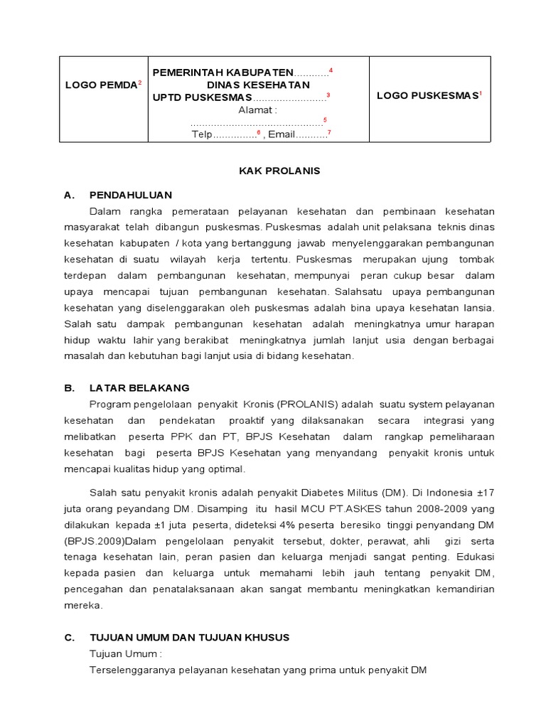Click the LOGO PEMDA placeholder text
(101, 85)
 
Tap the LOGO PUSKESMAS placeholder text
(427, 96)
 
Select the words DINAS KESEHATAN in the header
(258, 85)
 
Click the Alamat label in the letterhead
(257, 109)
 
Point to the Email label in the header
(282, 135)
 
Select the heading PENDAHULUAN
(130, 195)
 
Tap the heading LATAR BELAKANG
(139, 387)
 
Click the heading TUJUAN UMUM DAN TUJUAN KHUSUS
(189, 637)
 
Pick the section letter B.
(69, 387)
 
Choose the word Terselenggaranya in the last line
(132, 670)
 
